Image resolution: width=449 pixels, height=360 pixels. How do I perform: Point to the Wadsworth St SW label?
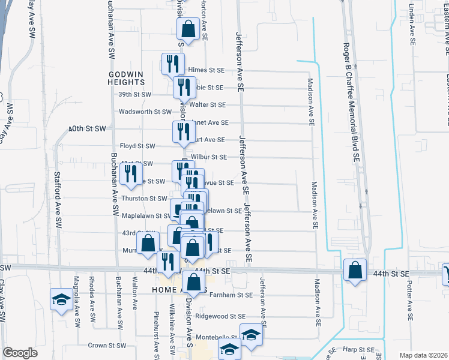[145, 112]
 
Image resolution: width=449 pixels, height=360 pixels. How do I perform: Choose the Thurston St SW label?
[144, 198]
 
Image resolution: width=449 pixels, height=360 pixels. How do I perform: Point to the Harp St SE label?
[359, 349]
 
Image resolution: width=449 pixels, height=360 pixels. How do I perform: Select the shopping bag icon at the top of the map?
[188, 29]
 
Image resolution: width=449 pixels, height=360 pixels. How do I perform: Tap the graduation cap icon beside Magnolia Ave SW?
[61, 301]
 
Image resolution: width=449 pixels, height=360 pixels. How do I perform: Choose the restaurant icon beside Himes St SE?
[172, 64]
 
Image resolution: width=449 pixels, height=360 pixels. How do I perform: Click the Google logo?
[20, 353]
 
